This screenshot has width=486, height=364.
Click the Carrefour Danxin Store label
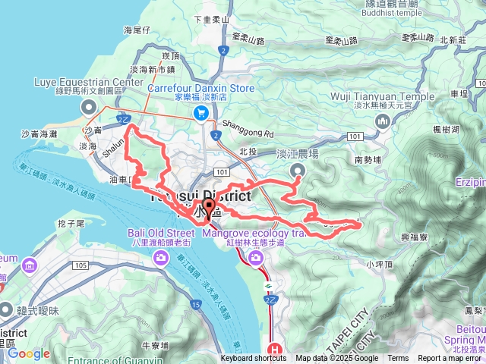[x=200, y=88]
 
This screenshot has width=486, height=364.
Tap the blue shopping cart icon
[x=200, y=113]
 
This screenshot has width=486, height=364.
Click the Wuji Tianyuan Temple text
[x=377, y=96]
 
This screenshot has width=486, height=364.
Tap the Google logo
[x=29, y=353]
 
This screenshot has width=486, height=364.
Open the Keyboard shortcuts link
[x=254, y=359]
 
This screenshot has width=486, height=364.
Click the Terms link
[x=398, y=359]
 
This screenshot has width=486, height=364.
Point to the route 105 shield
[x=81, y=265]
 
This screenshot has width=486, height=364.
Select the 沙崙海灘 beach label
[x=39, y=133]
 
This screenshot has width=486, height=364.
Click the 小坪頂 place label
[x=377, y=265]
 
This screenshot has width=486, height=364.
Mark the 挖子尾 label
[x=70, y=224]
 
